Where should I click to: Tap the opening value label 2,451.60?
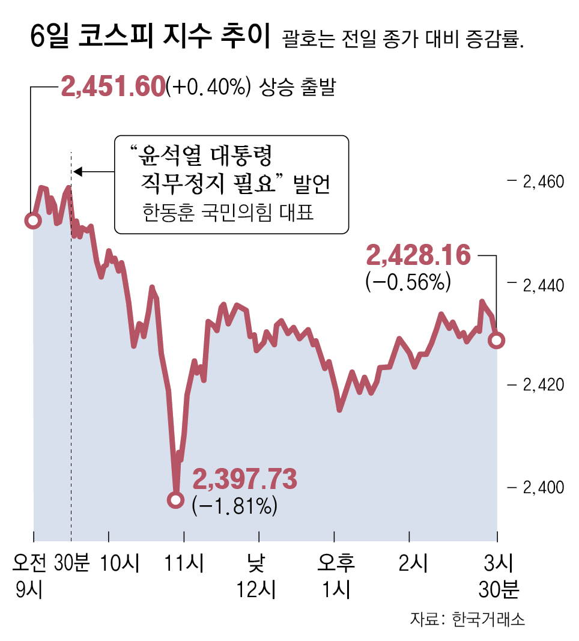tap(112, 87)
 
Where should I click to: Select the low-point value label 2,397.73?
tap(244, 480)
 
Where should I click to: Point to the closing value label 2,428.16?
tap(418, 255)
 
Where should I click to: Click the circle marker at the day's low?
tap(175, 499)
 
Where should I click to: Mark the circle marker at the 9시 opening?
tap(33, 220)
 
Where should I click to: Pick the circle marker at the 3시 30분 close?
tap(497, 341)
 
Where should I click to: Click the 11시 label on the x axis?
tap(184, 564)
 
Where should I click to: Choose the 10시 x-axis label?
tap(120, 564)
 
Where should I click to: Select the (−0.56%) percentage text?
tap(407, 282)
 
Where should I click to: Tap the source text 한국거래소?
tap(488, 619)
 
